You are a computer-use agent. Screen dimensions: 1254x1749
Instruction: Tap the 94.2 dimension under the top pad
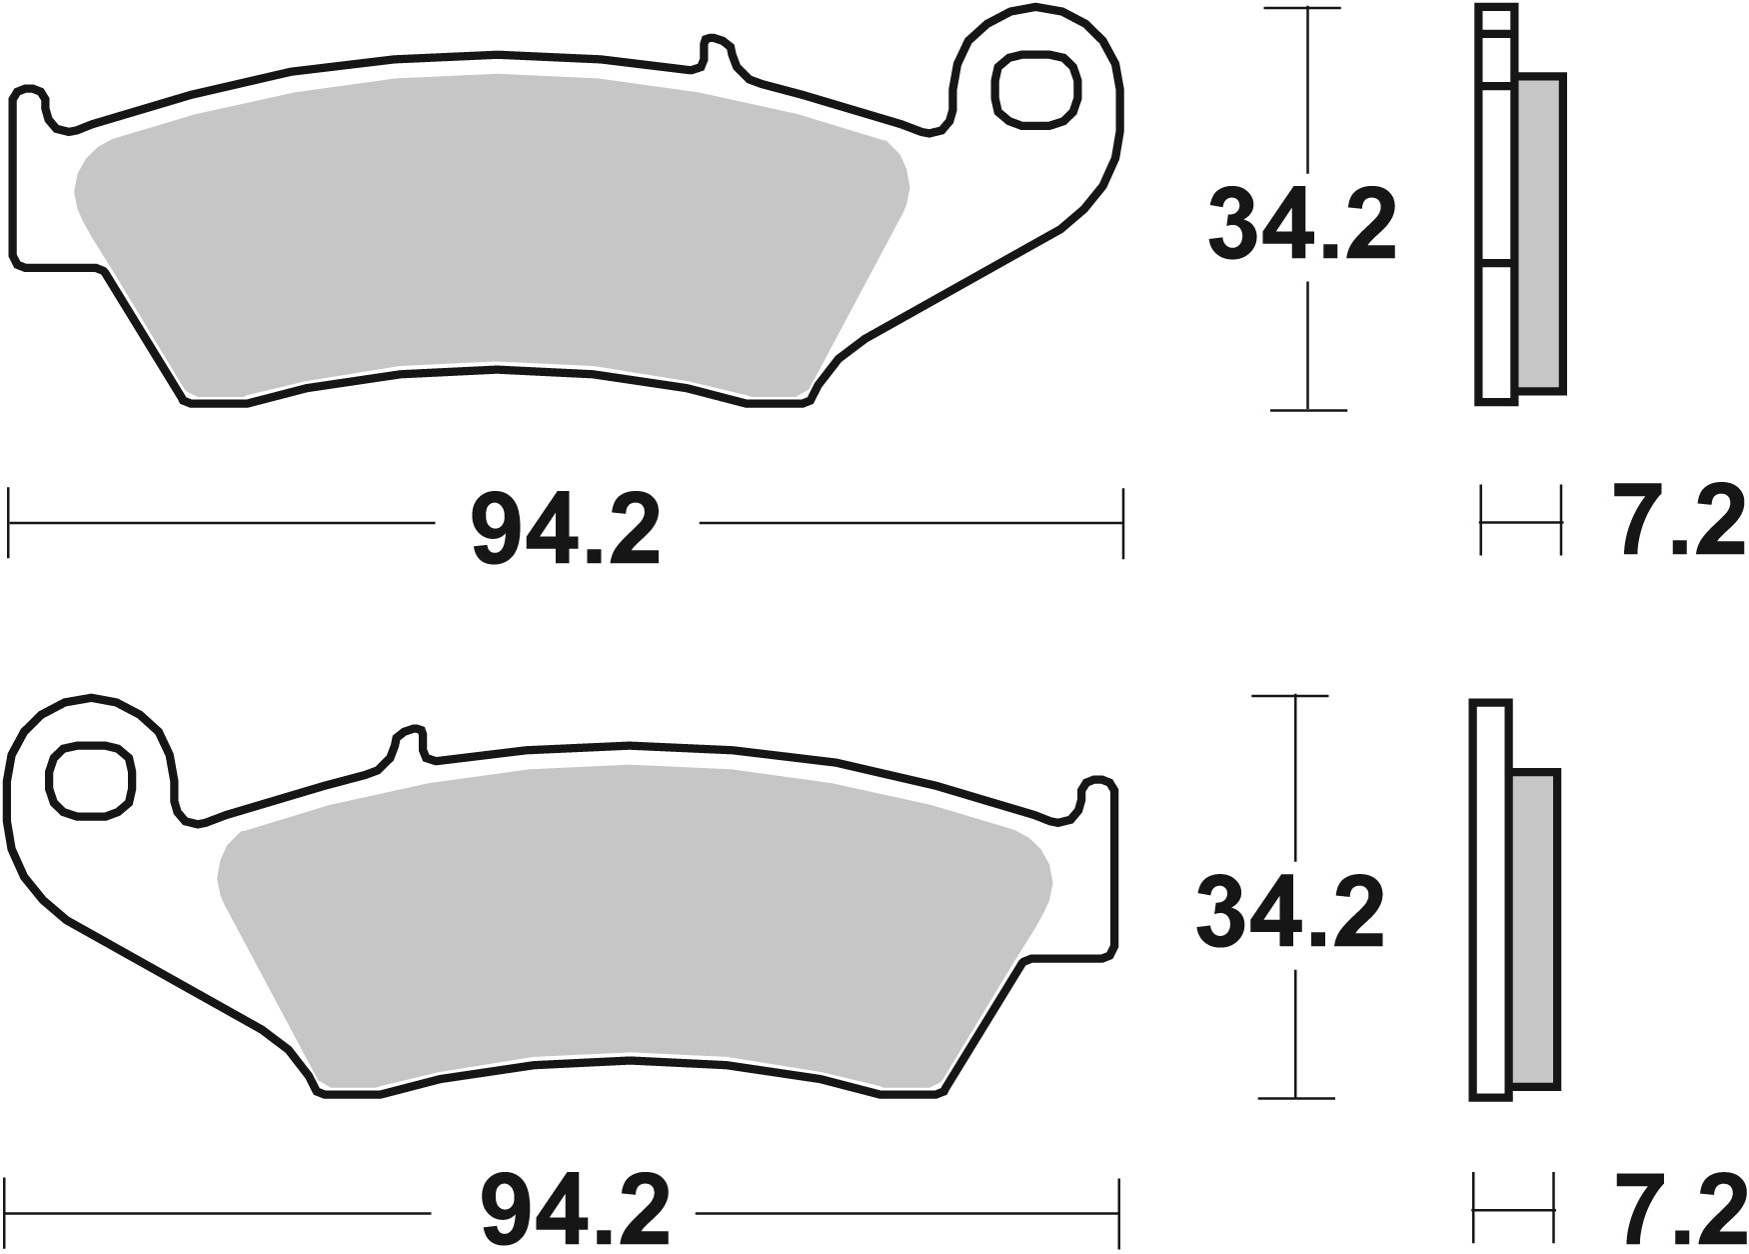pos(566,531)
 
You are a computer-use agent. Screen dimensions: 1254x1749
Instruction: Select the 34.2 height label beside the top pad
pos(1301,227)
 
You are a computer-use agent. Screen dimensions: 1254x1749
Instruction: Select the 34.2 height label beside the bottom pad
pos(1290,912)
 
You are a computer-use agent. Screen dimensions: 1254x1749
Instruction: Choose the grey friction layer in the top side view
pos(1540,235)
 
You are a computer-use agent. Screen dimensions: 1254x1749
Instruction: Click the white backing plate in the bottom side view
pos(1490,900)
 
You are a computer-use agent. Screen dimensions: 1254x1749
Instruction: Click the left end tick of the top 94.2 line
pos(9,522)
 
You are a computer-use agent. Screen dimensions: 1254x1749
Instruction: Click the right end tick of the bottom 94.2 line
pos(1118,1212)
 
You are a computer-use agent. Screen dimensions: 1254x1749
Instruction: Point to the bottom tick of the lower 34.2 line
pos(1295,1097)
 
